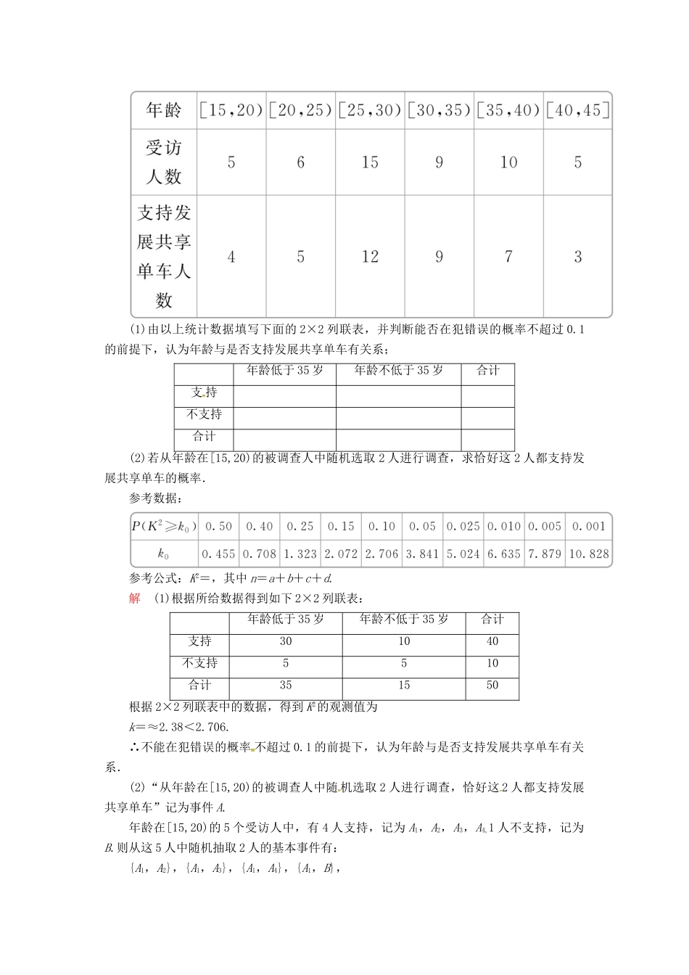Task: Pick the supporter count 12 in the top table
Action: (370, 256)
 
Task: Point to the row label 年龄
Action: (164, 110)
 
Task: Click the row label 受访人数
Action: (164, 162)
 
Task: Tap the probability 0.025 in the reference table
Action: (463, 526)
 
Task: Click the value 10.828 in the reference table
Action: (589, 554)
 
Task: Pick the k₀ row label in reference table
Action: (164, 554)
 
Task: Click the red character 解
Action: (134, 598)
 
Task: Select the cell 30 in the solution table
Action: (286, 641)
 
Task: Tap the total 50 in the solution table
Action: (492, 685)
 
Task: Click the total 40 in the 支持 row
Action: (492, 641)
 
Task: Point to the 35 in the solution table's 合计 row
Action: (286, 685)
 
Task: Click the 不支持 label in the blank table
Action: (204, 414)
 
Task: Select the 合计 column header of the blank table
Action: (488, 371)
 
